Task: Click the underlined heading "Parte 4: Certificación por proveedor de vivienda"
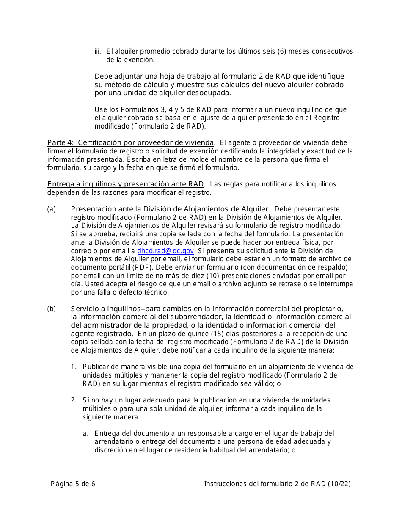coord(130,142)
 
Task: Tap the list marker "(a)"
coord(51,209)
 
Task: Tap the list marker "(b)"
coord(51,309)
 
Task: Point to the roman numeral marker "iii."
coord(98,52)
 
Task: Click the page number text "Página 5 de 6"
coord(73,484)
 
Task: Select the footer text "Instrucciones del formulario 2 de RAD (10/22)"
coord(277,484)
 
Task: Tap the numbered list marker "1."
coord(74,367)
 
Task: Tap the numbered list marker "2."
coord(74,400)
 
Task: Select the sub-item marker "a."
coord(86,433)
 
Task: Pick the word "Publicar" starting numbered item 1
coord(96,367)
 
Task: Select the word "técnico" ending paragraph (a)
coord(156,292)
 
